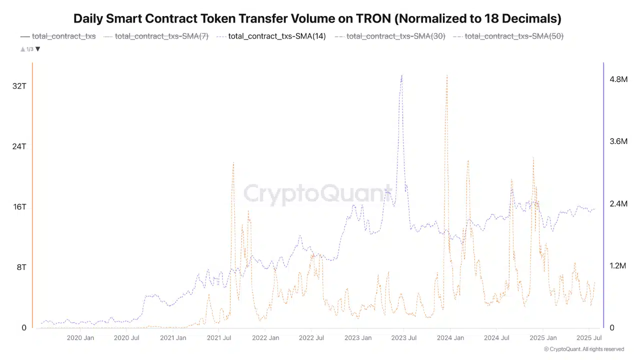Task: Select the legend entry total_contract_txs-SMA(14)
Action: pos(276,36)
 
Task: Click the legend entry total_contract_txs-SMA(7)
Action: pos(161,36)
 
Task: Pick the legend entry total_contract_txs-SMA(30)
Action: pos(395,36)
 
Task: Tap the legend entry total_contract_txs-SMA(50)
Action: pos(514,36)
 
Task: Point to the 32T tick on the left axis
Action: pos(19,86)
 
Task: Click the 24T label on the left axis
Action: pos(19,146)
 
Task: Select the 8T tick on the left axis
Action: pos(21,267)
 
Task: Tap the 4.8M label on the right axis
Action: pos(618,79)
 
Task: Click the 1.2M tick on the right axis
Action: pos(618,266)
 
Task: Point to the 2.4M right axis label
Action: pos(618,204)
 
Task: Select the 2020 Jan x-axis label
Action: pos(80,338)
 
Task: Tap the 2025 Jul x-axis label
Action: pos(588,338)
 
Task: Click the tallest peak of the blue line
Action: pos(401,76)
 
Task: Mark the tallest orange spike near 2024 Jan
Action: pos(446,75)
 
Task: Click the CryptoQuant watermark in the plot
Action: pos(318,194)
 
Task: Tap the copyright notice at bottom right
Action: pos(584,349)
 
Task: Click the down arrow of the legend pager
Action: pos(38,49)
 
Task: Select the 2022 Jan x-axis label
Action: pos(265,338)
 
